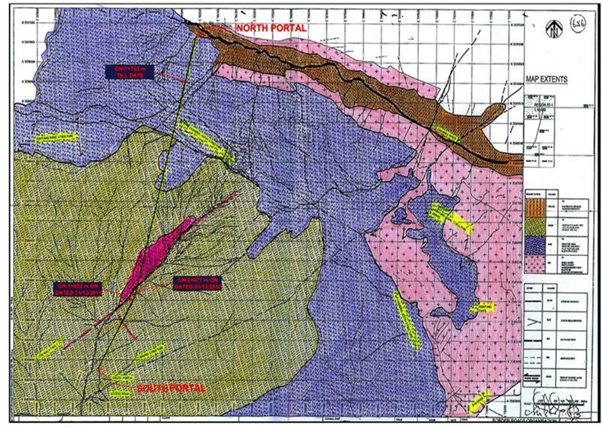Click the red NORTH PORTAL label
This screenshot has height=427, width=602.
tap(271, 28)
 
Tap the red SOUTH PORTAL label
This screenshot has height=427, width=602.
tap(171, 388)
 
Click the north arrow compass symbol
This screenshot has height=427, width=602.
tap(554, 29)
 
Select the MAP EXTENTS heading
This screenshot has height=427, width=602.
tap(546, 79)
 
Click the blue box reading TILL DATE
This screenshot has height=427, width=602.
tap(129, 72)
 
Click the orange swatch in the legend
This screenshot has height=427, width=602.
tap(535, 208)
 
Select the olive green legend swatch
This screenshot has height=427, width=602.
tap(535, 226)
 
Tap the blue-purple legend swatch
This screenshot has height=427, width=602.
tap(535, 245)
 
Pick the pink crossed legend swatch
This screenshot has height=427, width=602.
tap(535, 264)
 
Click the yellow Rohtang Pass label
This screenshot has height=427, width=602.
tap(482, 308)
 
